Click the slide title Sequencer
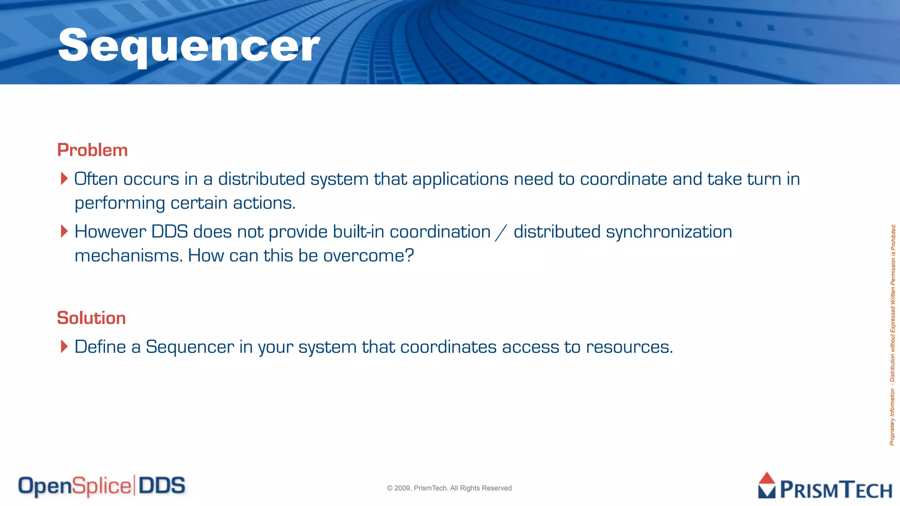tap(189, 46)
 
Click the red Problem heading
tap(92, 150)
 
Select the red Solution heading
tap(91, 318)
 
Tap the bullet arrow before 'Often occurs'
tap(64, 179)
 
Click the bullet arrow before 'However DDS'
tap(64, 231)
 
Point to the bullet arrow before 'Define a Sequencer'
tap(64, 347)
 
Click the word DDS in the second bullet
tap(170, 231)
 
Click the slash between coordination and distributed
tap(501, 232)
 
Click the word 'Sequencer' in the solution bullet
tap(190, 347)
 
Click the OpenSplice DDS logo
tap(102, 486)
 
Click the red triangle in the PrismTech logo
tap(767, 478)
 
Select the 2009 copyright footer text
tap(449, 488)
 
